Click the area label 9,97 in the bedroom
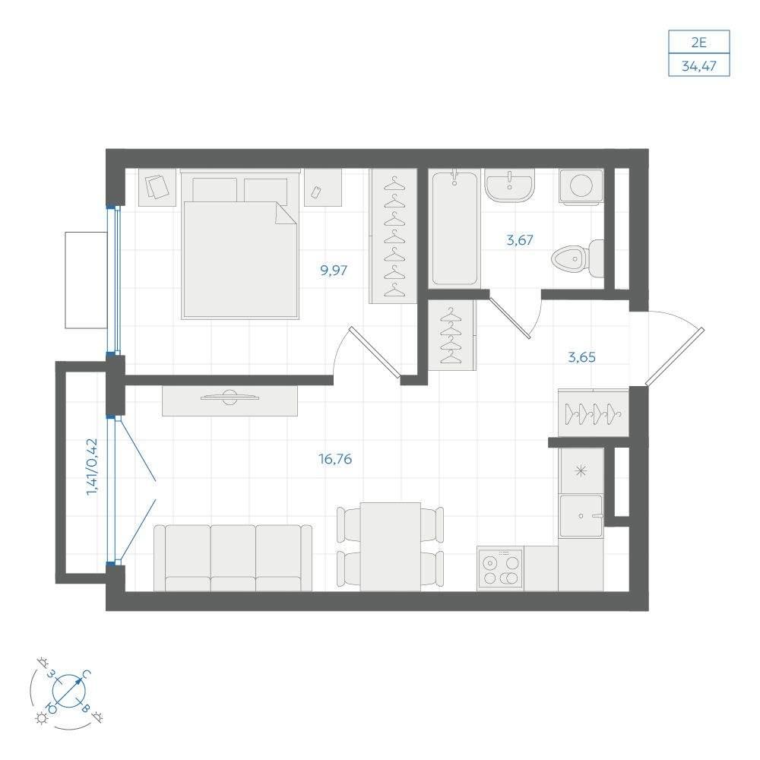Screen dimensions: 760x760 pyautogui.click(x=334, y=271)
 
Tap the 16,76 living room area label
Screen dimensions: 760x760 pyautogui.click(x=335, y=458)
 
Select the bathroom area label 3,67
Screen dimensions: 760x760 pyautogui.click(x=520, y=239)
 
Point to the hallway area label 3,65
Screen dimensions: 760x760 pyautogui.click(x=581, y=358)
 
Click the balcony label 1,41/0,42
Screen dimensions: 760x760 pyautogui.click(x=92, y=467)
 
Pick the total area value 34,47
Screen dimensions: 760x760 pyautogui.click(x=699, y=65)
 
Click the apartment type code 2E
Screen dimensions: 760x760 pyautogui.click(x=699, y=43)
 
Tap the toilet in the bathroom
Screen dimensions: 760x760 pyautogui.click(x=578, y=259)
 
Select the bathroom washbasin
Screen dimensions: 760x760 pyautogui.click(x=509, y=185)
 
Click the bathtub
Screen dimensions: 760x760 pyautogui.click(x=454, y=226)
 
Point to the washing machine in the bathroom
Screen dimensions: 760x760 pyautogui.click(x=581, y=186)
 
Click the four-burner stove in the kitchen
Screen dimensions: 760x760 pyautogui.click(x=500, y=569)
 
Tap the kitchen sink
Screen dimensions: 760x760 pyautogui.click(x=581, y=516)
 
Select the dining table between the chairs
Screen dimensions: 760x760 pyautogui.click(x=391, y=546)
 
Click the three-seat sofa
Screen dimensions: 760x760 pyautogui.click(x=233, y=558)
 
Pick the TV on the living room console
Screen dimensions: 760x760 pyautogui.click(x=230, y=397)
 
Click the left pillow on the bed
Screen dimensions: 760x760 pyautogui.click(x=215, y=189)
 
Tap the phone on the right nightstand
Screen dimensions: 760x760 pyautogui.click(x=316, y=192)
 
